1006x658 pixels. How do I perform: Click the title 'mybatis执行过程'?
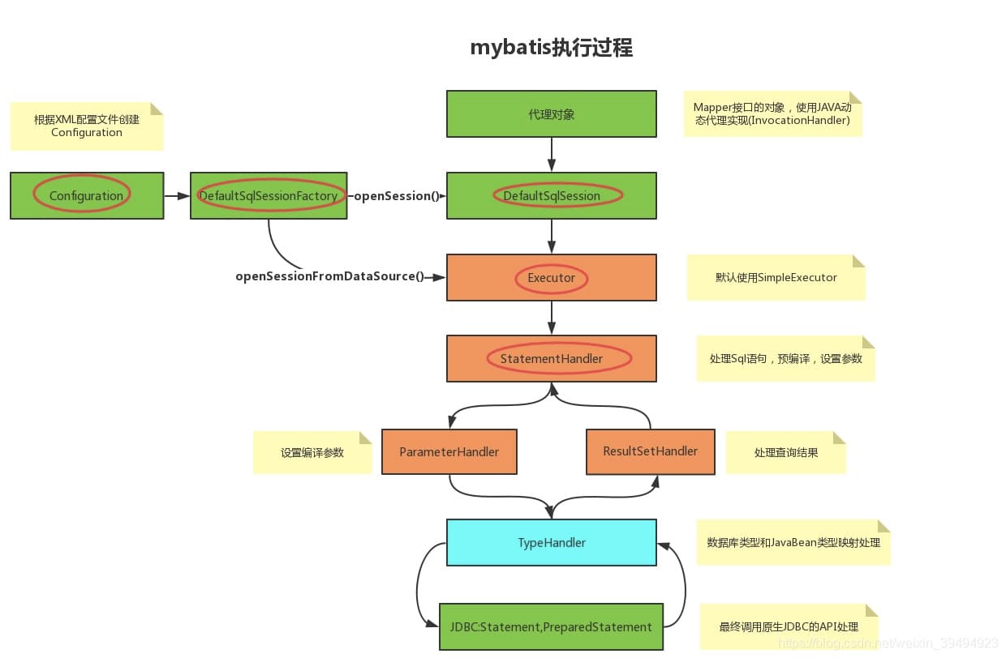click(552, 48)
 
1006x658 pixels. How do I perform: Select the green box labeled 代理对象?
click(552, 114)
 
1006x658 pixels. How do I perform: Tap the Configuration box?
click(87, 195)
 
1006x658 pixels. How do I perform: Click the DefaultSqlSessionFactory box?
click(269, 195)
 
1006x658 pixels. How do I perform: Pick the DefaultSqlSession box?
click(552, 195)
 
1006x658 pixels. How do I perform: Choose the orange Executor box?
click(552, 278)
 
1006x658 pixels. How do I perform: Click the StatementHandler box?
click(552, 358)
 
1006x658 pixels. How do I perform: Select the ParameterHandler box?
click(449, 451)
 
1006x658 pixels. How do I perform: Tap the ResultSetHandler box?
click(651, 451)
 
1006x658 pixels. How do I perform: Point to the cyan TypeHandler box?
click(552, 542)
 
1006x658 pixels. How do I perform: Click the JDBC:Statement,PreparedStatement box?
click(551, 626)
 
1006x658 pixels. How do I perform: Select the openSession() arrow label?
click(396, 196)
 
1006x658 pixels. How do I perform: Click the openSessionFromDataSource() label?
click(330, 276)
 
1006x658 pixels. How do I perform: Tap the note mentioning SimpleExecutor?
click(776, 277)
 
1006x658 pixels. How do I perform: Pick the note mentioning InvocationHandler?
click(772, 114)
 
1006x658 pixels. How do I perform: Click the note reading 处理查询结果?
click(785, 452)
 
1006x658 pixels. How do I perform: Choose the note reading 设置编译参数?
click(312, 452)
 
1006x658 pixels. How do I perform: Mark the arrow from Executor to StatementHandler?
click(552, 318)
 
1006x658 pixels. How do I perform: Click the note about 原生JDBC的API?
click(789, 626)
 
